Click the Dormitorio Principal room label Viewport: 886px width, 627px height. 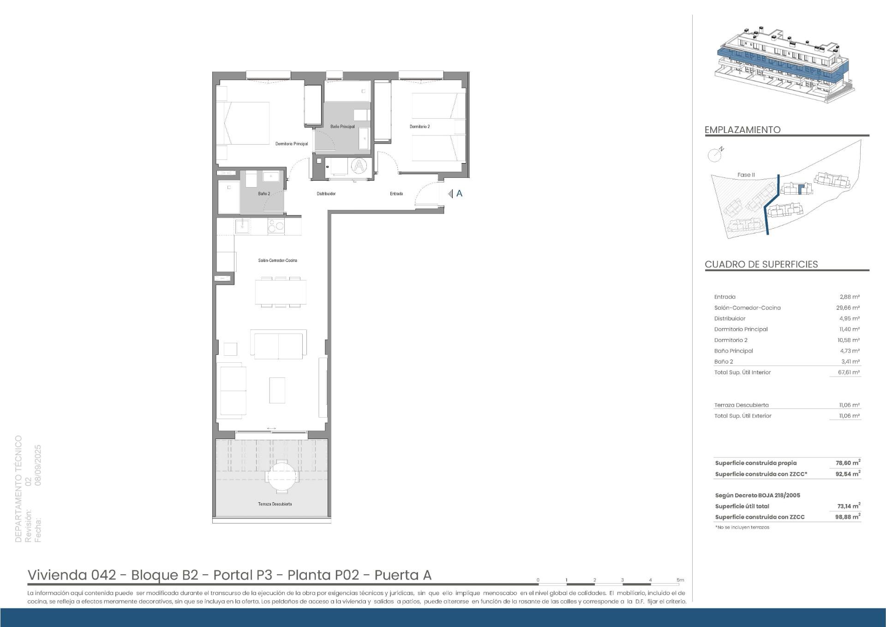[x=292, y=144]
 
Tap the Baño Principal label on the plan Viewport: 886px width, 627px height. [x=342, y=127]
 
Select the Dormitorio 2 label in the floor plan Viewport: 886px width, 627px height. [x=420, y=127]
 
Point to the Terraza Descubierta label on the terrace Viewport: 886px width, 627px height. [x=275, y=504]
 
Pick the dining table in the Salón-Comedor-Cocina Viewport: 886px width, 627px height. [x=281, y=292]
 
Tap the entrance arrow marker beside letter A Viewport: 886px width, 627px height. [x=450, y=194]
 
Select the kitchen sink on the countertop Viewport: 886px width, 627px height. [x=242, y=226]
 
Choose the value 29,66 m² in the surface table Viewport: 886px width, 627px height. [x=849, y=308]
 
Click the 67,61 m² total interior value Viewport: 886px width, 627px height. [x=850, y=372]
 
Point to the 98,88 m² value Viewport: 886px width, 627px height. [x=848, y=517]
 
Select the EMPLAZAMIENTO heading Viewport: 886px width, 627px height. [x=742, y=130]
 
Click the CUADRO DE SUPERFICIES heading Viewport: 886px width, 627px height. [x=761, y=264]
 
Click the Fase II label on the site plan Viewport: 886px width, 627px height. [x=746, y=175]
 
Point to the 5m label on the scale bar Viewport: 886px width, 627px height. [x=681, y=580]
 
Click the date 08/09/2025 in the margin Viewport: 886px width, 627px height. [x=38, y=465]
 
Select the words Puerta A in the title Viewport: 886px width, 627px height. [x=403, y=575]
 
